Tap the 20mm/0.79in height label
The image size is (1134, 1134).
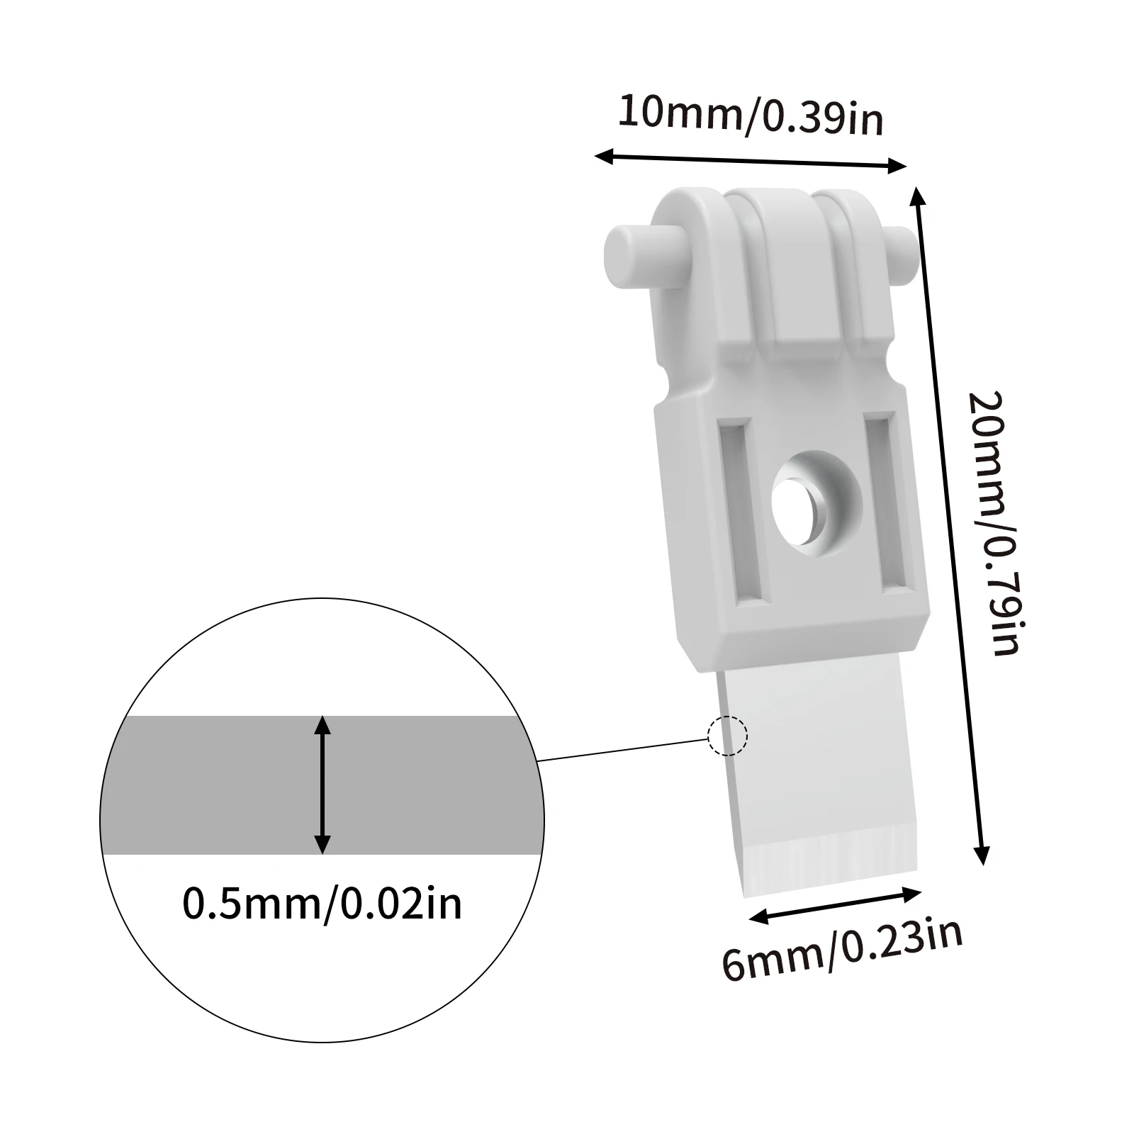(994, 523)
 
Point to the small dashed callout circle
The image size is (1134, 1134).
(727, 736)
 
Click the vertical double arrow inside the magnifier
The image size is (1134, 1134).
(322, 785)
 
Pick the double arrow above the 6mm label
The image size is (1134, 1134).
(835, 905)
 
